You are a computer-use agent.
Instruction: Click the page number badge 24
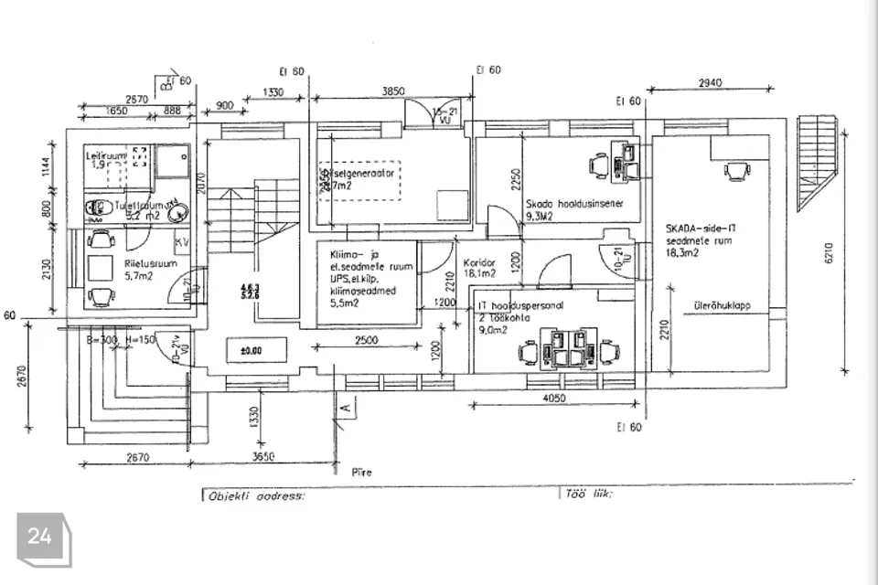coord(39,537)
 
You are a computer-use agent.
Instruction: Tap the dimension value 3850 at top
coord(392,91)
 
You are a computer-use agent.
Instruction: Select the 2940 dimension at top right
coord(709,82)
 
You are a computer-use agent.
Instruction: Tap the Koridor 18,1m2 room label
coord(479,266)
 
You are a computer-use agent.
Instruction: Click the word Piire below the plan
coord(361,473)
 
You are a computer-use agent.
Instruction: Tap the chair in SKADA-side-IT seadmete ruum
coord(736,169)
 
